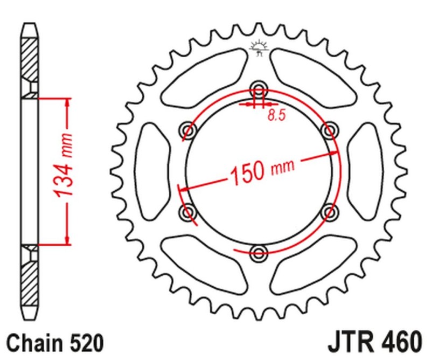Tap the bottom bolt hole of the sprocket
coord(259,251)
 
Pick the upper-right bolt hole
coord(329,129)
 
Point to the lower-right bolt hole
coord(329,212)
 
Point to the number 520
coord(84,343)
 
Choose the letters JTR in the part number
coord(350,343)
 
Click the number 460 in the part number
coord(401,343)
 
